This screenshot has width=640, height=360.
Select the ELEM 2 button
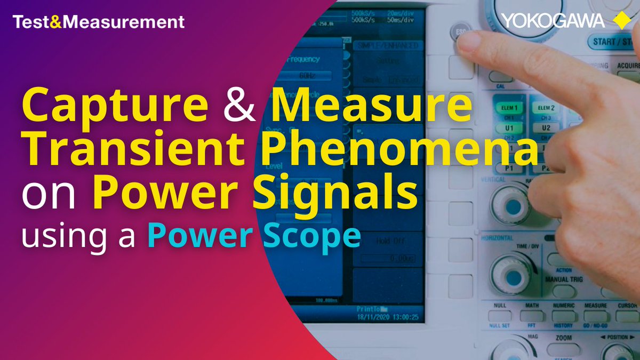(x=546, y=108)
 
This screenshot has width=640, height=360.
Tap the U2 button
(x=546, y=128)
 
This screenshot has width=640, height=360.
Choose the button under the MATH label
(x=532, y=316)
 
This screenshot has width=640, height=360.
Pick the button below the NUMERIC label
(x=564, y=316)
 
